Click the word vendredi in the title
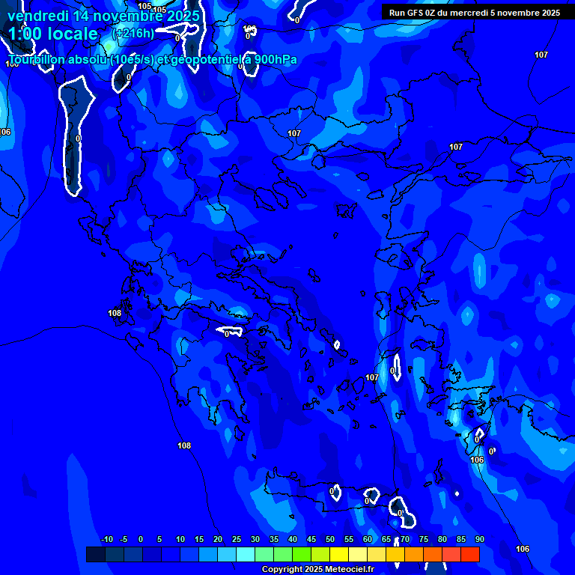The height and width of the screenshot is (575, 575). pos(37,16)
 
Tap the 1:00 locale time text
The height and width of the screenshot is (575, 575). pos(53,34)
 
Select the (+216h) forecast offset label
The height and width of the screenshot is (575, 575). pos(133,34)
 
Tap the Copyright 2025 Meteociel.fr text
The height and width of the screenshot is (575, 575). pos(317,570)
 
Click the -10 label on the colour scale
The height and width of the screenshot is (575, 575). pos(106,540)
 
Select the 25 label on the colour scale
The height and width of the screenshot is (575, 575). pos(237,540)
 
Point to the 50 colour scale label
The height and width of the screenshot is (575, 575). pos(330,540)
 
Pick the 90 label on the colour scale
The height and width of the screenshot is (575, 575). pos(479,540)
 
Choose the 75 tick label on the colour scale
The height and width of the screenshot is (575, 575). pos(424,540)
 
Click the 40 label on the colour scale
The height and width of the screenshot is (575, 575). pos(293,540)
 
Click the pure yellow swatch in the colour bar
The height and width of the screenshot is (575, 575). pos(339,554)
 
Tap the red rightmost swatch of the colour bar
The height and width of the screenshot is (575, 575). pos(470,554)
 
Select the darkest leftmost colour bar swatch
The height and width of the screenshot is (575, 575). pos(96,554)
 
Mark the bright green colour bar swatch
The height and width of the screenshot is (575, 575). pos(302,554)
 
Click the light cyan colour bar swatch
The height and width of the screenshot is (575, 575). pos(246,554)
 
